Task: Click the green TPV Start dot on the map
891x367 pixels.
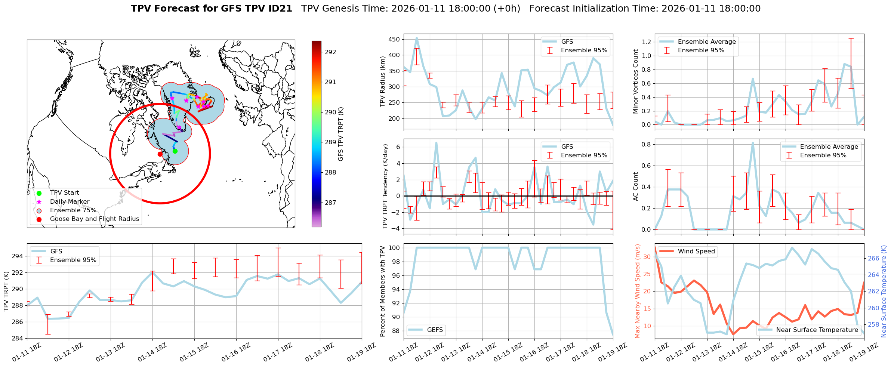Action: pyautogui.click(x=175, y=151)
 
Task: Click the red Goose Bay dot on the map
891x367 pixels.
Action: pyautogui.click(x=160, y=154)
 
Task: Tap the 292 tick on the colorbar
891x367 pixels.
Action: pyautogui.click(x=330, y=52)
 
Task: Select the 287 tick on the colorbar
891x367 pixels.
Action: pyautogui.click(x=330, y=203)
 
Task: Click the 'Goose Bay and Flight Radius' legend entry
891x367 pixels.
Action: pyautogui.click(x=94, y=219)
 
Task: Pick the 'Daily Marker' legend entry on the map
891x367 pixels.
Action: pyautogui.click(x=70, y=202)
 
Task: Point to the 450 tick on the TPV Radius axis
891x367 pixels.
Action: pyautogui.click(x=394, y=39)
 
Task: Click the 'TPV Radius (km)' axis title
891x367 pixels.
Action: pyautogui.click(x=382, y=81)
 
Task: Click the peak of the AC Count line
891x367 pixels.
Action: pyautogui.click(x=753, y=143)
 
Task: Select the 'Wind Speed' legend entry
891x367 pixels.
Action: pyautogui.click(x=696, y=252)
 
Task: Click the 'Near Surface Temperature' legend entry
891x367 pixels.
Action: pyautogui.click(x=817, y=330)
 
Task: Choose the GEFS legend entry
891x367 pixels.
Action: pyautogui.click(x=435, y=330)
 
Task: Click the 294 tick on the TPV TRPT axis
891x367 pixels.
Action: pyautogui.click(x=18, y=256)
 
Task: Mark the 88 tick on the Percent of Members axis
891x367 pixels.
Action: pyautogui.click(x=395, y=331)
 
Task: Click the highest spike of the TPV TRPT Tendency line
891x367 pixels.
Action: pyautogui.click(x=436, y=143)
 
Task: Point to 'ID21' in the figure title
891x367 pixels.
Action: pyautogui.click(x=278, y=9)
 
